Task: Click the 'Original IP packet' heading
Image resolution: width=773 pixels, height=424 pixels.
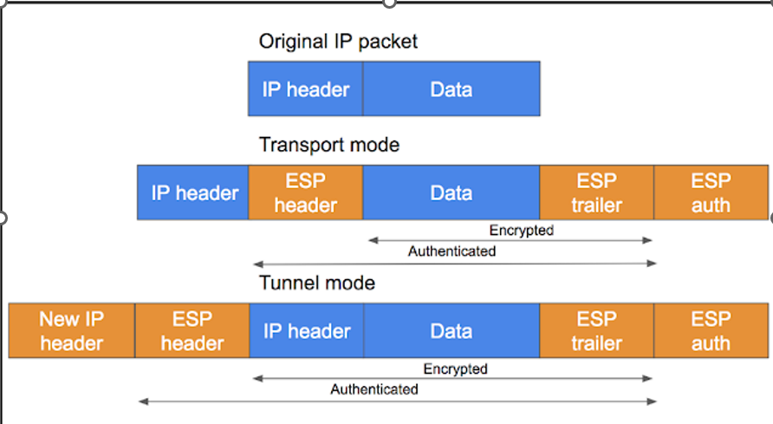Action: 338,42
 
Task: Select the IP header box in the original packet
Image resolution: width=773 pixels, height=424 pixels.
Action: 305,89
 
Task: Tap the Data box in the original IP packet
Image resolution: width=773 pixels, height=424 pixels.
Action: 451,89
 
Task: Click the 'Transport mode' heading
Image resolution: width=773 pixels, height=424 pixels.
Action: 329,145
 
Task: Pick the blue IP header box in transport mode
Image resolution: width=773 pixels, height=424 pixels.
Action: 193,192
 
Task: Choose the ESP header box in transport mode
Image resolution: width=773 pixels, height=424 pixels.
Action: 305,192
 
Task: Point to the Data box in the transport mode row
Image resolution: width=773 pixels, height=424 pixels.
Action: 451,192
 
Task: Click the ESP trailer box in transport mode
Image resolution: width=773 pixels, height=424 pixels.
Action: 596,192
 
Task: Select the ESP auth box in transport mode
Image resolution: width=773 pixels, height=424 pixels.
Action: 711,192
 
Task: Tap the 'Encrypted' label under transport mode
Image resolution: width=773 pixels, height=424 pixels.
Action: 521,231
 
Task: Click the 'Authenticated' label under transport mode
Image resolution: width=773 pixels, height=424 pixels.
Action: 451,251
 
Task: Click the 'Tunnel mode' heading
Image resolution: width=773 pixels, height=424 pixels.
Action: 317,283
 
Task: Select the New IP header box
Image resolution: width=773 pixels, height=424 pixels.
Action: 71,331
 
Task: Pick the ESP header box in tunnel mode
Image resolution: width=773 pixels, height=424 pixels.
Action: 192,331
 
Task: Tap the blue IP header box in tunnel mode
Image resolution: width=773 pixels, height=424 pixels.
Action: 306,331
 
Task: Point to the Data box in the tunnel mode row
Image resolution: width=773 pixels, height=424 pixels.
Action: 451,331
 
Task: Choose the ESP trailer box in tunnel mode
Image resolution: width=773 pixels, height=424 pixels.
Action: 596,331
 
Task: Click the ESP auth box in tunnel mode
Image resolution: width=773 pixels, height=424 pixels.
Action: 711,331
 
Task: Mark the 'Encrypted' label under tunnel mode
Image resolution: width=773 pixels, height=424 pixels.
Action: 455,369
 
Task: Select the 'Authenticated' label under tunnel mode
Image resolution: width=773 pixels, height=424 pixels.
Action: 374,390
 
